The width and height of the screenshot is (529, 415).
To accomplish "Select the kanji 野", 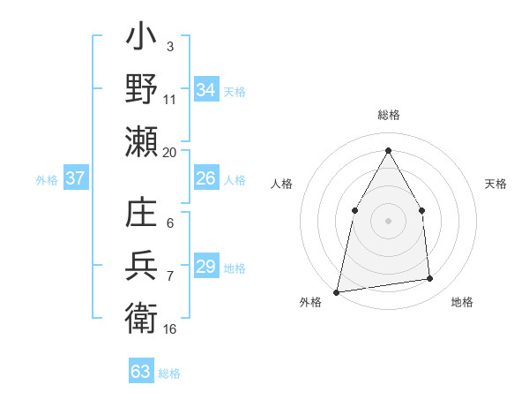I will [142, 90].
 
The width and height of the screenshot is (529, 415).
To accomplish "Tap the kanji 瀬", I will [142, 140].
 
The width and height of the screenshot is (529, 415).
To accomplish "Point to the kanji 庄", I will [142, 215].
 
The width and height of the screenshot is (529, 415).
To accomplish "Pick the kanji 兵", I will [142, 267].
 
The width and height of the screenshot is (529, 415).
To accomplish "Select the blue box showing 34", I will [205, 89].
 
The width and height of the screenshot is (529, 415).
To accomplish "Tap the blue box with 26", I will [205, 178].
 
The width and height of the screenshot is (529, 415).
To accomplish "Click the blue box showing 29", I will [205, 267].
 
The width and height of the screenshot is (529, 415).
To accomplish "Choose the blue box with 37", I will [75, 178].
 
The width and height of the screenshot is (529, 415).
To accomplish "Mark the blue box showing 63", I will [141, 372].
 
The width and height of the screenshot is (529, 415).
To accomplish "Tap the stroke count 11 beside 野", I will [170, 98].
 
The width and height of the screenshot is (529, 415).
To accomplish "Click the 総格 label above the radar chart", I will [388, 116].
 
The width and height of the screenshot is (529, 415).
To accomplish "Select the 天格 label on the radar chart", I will [495, 184].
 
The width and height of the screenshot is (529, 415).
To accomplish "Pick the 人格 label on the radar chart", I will [281, 184].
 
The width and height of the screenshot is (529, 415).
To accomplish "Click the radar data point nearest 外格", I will [336, 292].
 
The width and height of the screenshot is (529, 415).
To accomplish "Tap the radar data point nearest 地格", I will [430, 279].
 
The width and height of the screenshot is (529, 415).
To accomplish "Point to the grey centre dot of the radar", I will [388, 221].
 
